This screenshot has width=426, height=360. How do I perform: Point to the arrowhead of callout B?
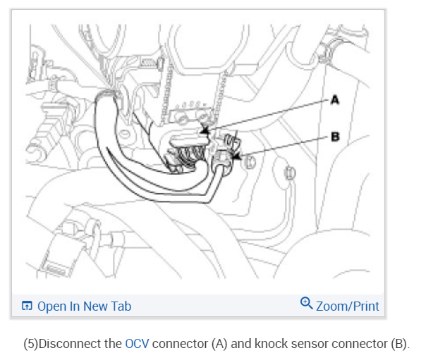(235, 159)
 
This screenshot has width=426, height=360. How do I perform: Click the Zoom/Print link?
(347, 306)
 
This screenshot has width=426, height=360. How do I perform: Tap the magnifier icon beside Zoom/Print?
(306, 304)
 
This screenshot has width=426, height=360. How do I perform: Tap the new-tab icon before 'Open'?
(27, 306)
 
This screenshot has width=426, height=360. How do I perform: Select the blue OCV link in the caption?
(137, 344)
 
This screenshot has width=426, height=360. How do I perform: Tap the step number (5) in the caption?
(30, 344)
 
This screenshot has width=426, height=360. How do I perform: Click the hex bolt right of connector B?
(250, 163)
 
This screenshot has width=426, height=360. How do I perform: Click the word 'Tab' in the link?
(121, 306)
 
